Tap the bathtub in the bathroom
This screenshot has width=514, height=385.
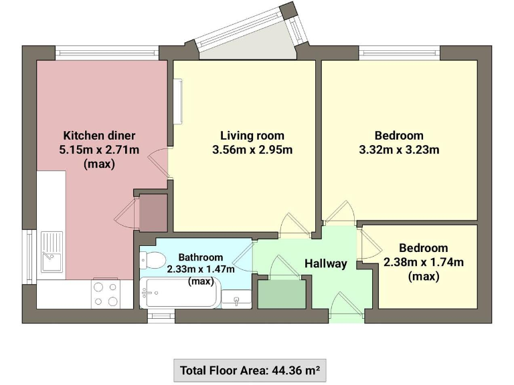pos(179,293)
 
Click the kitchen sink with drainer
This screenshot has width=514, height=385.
pos(52,251)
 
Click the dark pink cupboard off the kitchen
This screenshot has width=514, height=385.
pos(153,213)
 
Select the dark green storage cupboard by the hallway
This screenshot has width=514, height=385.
pos(280,293)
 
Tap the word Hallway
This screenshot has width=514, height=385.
pos(326,263)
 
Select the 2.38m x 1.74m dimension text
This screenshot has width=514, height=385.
pos(423,262)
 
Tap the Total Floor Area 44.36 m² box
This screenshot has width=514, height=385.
pos(250,370)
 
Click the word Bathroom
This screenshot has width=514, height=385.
pos(201,257)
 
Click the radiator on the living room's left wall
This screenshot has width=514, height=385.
pos(178,102)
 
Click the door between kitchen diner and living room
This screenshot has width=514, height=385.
pos(159,164)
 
